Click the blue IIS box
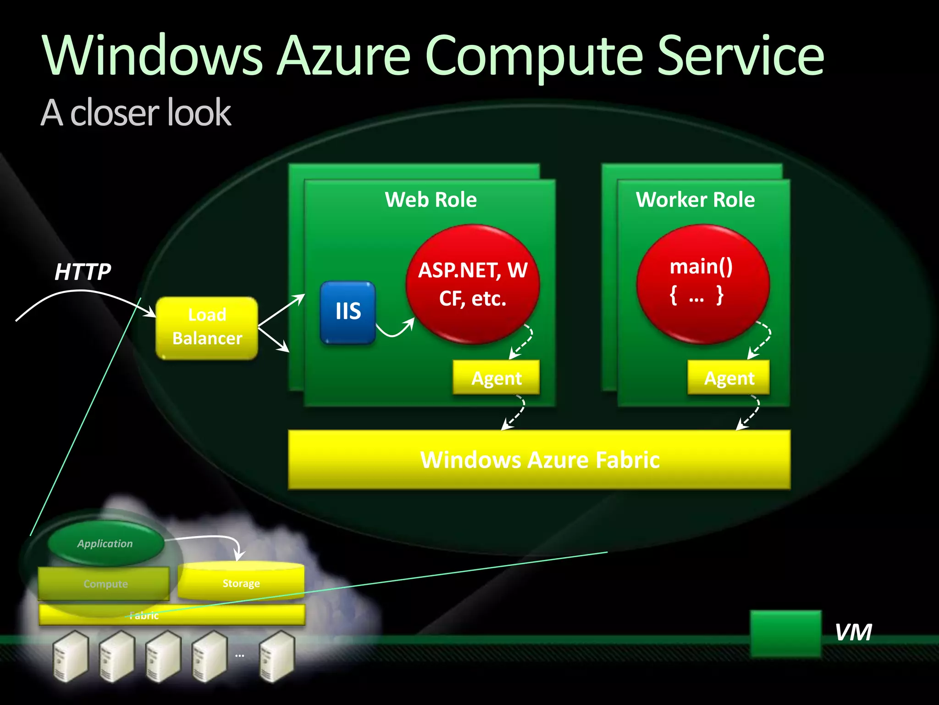[348, 313]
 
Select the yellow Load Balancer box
[207, 327]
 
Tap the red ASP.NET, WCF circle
[473, 284]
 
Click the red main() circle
[703, 284]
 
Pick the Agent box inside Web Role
[496, 378]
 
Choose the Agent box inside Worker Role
[729, 378]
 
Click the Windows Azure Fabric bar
[539, 459]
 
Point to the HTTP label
[83, 272]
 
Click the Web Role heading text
[431, 200]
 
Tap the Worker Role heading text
[695, 200]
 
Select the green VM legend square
[785, 633]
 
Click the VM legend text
[853, 632]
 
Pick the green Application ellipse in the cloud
[105, 543]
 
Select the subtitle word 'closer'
[115, 113]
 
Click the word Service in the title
[740, 56]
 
